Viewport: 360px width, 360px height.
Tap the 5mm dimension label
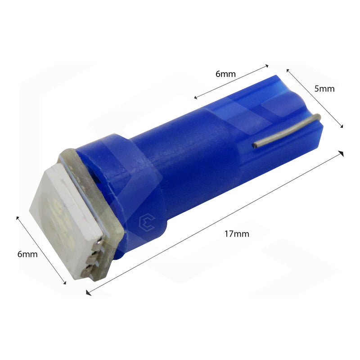coord(324,89)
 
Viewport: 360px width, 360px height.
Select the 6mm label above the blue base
coord(225,74)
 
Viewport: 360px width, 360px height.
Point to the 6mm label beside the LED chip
coord(27,254)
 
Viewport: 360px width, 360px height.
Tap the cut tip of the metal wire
coord(255,145)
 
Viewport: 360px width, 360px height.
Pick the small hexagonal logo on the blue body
coord(147,221)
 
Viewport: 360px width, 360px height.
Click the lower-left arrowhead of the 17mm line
coord(87,294)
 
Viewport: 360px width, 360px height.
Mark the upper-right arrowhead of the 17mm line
coord(342,153)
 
